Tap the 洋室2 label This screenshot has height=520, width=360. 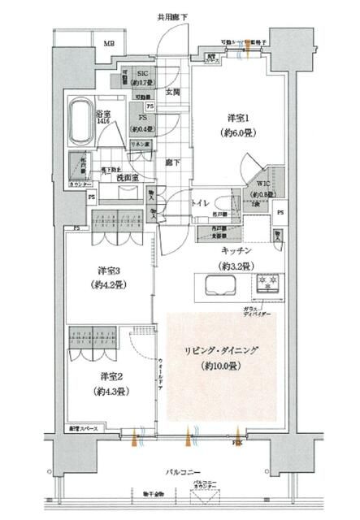(x=112, y=377)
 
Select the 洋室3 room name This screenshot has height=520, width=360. (x=111, y=271)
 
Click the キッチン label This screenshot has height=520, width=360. (x=234, y=253)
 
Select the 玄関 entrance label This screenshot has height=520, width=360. (x=173, y=93)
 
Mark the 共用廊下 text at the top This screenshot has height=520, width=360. (x=173, y=16)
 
